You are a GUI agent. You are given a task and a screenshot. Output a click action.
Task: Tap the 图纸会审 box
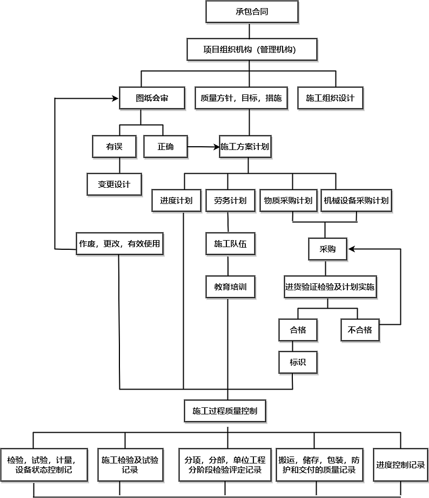click(x=152, y=98)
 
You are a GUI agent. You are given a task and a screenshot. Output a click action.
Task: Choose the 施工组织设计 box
click(x=330, y=98)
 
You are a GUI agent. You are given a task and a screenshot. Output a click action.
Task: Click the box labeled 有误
click(x=114, y=146)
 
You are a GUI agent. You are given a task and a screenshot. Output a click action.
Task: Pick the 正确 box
click(x=165, y=146)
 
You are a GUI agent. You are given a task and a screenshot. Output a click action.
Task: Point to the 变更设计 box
click(x=114, y=184)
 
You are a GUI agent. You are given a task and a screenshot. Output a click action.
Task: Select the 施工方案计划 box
click(x=245, y=146)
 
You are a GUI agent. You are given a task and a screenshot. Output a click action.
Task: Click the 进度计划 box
click(x=176, y=201)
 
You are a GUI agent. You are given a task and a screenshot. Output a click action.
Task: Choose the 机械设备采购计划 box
click(x=356, y=201)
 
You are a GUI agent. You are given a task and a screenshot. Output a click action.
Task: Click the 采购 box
click(x=327, y=249)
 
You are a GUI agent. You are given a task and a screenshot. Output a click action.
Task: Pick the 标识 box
click(x=298, y=362)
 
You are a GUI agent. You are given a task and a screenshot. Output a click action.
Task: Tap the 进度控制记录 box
click(x=400, y=465)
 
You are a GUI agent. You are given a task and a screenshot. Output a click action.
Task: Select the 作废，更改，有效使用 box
click(x=119, y=244)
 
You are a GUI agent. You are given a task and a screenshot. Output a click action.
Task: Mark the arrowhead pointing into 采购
click(x=351, y=249)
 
